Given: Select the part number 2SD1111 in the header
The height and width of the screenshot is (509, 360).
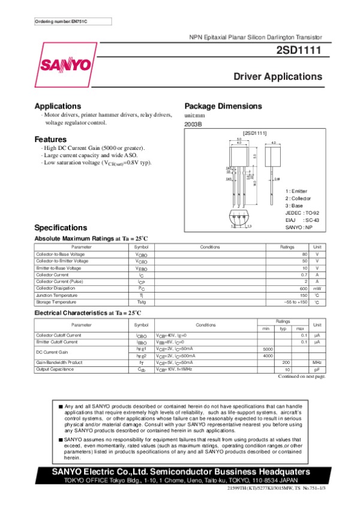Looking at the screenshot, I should click(x=299, y=52).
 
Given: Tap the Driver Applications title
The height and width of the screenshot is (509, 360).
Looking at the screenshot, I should click(x=278, y=77).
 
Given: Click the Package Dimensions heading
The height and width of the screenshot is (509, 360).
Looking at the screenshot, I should click(x=223, y=106).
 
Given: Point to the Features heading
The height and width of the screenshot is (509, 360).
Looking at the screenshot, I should click(x=55, y=139).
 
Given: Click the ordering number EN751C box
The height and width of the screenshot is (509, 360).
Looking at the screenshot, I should click(x=64, y=22).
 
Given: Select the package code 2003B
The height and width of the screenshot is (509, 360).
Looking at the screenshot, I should click(x=193, y=124).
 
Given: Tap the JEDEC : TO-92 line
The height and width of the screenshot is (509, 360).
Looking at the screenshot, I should click(x=302, y=213).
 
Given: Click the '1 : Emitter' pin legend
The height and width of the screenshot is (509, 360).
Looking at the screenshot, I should click(x=297, y=191).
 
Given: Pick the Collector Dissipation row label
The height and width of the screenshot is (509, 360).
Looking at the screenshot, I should click(x=57, y=288).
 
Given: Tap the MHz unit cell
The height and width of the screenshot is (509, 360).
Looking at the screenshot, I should click(x=317, y=362).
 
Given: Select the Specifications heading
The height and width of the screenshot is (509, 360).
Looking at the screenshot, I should click(x=61, y=228).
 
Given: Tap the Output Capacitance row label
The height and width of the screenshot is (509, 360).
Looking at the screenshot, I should click(x=55, y=369).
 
